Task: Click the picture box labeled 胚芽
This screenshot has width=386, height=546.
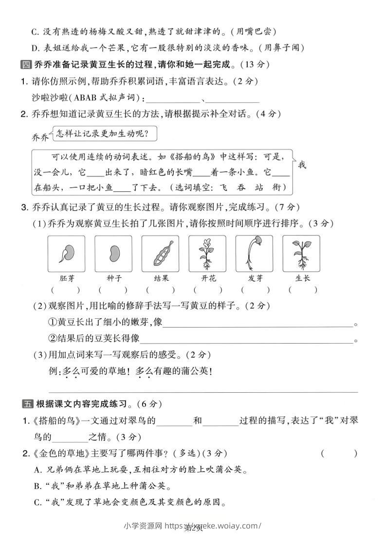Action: click(x=66, y=254)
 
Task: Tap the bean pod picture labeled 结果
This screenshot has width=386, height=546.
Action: click(x=161, y=254)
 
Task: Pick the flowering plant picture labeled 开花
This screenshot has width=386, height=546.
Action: click(x=207, y=254)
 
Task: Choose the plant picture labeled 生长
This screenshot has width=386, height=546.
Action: click(x=301, y=254)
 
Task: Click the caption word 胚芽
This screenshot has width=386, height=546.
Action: click(x=66, y=278)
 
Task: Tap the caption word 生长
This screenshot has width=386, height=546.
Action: click(x=302, y=278)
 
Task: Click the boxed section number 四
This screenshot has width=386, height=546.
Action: click(x=26, y=64)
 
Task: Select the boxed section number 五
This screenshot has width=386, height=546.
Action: click(x=27, y=403)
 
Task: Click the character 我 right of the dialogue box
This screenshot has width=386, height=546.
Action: click(x=302, y=165)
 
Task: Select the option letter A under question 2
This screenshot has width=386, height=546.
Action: click(x=37, y=470)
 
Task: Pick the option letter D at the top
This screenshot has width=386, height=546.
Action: click(x=35, y=47)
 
